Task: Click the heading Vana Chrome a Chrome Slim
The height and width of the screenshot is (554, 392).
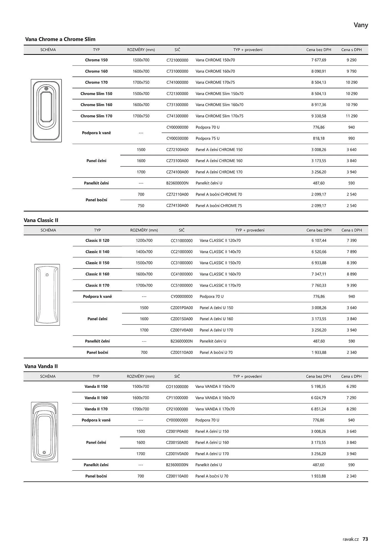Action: (60, 39)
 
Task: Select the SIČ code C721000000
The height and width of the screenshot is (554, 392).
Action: (177, 60)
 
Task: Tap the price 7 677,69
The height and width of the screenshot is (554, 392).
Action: (319, 60)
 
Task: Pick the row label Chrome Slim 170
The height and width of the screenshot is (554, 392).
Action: (96, 116)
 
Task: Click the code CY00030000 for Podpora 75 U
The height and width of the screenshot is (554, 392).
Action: (177, 138)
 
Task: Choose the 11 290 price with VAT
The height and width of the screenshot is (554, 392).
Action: (351, 116)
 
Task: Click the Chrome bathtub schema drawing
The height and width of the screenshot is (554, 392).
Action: (46, 111)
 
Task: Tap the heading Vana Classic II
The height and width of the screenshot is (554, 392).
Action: (41, 220)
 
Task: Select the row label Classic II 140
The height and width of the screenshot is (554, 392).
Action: (97, 252)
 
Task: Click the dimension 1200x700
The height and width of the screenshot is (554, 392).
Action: (144, 240)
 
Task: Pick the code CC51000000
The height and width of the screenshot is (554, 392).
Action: (182, 285)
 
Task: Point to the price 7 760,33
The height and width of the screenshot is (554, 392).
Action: (319, 285)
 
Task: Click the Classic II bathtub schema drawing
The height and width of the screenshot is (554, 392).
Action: (47, 295)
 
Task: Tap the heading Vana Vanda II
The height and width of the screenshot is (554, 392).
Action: (41, 366)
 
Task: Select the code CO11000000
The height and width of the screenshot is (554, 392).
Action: (177, 387)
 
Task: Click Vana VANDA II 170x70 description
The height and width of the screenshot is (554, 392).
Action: (215, 409)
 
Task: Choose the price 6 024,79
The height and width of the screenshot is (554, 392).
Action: (318, 398)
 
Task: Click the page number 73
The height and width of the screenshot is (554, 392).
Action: (365, 539)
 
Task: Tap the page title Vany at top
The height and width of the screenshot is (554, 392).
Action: (361, 25)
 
